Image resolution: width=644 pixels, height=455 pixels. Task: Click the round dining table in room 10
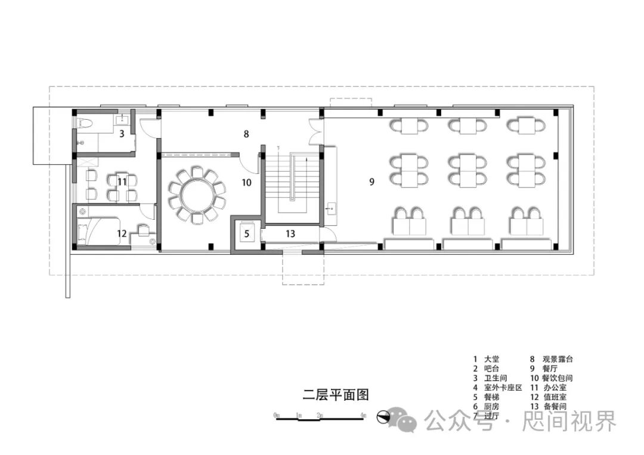(196, 193)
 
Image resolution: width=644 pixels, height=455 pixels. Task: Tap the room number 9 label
(371, 182)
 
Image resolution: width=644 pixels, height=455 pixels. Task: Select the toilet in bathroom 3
(84, 124)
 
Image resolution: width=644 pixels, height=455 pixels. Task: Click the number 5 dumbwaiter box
(246, 233)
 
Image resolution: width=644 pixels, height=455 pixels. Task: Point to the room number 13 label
(290, 234)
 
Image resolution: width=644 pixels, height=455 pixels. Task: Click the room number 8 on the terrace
(246, 134)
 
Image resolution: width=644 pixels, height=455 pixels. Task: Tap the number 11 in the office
(122, 182)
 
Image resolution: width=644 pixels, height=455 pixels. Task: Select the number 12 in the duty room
(122, 233)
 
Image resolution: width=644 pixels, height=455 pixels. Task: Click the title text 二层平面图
(336, 394)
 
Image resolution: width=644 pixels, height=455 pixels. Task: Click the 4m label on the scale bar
(363, 414)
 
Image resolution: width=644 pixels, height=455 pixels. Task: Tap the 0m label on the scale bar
(277, 414)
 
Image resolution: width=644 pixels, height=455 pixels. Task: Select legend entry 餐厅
(550, 369)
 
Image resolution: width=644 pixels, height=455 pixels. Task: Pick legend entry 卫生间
(496, 378)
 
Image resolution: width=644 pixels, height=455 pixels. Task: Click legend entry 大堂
(491, 359)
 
